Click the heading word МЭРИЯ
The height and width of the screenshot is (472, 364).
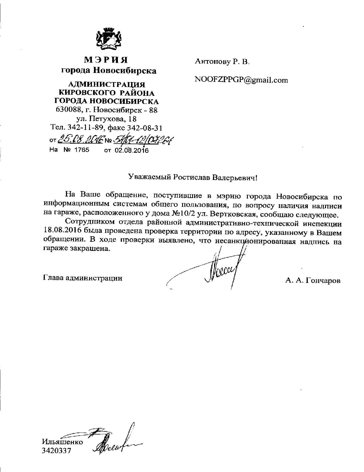pyautogui.click(x=106, y=60)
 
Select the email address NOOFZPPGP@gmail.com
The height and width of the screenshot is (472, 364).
pyautogui.click(x=241, y=80)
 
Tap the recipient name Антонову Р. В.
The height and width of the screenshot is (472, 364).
pyautogui.click(x=222, y=61)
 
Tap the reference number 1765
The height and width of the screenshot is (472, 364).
pyautogui.click(x=82, y=150)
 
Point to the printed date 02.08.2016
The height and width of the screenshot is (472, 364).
pyautogui.click(x=132, y=150)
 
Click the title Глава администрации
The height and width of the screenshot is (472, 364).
pyautogui.click(x=83, y=278)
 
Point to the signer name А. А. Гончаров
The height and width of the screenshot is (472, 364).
pyautogui.click(x=313, y=281)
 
